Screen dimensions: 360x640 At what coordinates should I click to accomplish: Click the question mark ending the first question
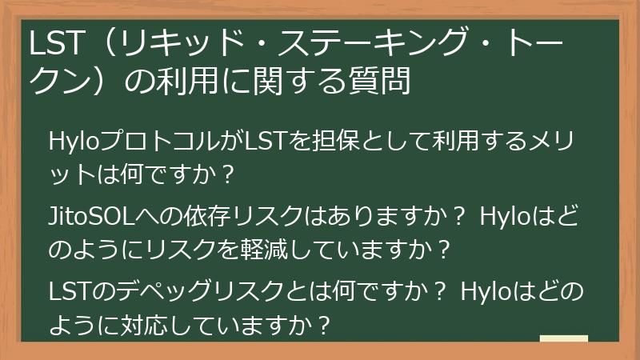click(228, 173)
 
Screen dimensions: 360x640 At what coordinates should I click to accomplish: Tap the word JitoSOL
click(90, 218)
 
